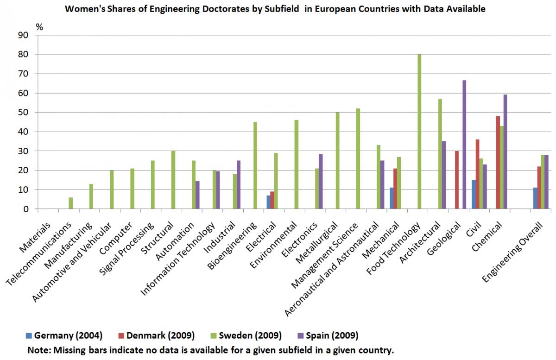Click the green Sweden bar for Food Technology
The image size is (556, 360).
click(x=419, y=132)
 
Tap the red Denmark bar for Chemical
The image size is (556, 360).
click(x=498, y=162)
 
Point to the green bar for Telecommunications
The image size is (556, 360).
click(x=71, y=203)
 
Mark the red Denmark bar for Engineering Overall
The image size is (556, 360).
click(x=539, y=188)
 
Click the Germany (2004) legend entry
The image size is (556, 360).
click(x=65, y=335)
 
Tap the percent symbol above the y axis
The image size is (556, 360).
click(x=39, y=26)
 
